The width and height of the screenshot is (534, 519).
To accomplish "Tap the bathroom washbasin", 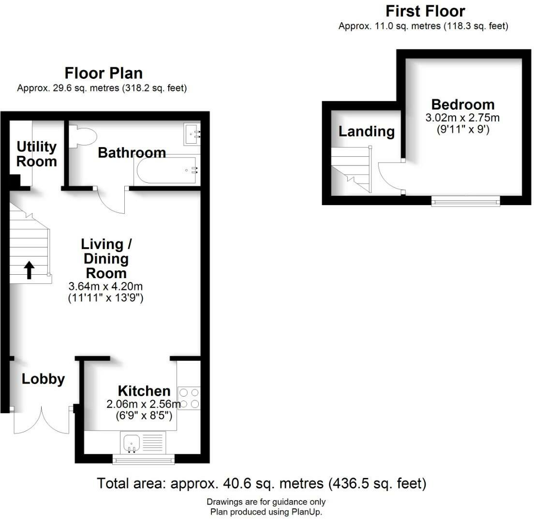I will tap(192, 134).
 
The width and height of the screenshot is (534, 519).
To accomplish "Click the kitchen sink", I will tap(132, 442).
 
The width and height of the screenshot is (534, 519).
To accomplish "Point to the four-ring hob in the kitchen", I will tap(189, 398).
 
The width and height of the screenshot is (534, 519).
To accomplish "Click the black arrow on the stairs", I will tap(29, 270).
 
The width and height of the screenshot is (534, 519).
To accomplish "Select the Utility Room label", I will tap(37, 154).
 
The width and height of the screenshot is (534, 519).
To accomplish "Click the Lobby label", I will tap(43, 379).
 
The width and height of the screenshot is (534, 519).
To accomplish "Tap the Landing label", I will tap(366, 131).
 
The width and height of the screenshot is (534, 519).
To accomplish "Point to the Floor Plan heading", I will tap(104, 73).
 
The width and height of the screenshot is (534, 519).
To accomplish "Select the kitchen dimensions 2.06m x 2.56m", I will tap(144, 404).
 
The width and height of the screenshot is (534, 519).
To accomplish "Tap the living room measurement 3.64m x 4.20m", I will tap(105, 286).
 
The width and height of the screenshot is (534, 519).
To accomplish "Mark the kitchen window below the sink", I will tap(143, 459).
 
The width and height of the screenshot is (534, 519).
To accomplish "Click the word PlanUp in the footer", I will tap(306, 512).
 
